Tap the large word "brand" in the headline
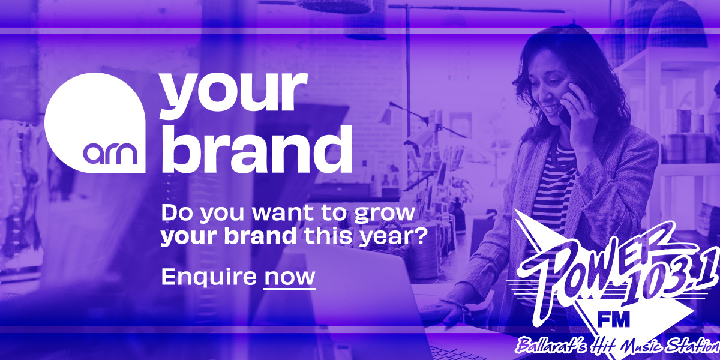257,149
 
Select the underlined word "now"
289,277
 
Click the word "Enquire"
209,277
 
